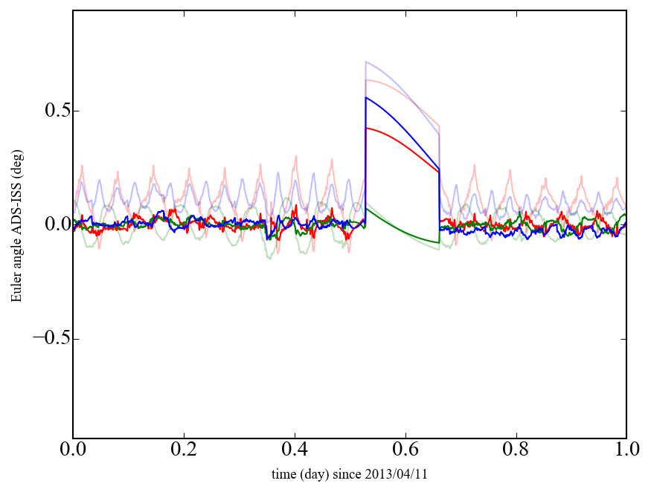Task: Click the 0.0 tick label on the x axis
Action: point(73,451)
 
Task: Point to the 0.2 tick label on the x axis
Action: point(184,451)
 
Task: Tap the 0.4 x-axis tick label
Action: point(295,451)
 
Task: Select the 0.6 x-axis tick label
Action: point(405,451)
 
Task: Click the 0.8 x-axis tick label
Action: point(516,451)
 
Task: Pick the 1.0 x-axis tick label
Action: point(626,451)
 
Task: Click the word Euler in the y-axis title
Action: point(16,288)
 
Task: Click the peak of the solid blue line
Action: point(366,97)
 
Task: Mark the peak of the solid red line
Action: point(367,128)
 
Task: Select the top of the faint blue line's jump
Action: point(366,62)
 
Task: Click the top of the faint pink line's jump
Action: point(367,80)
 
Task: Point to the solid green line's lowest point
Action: point(439,242)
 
